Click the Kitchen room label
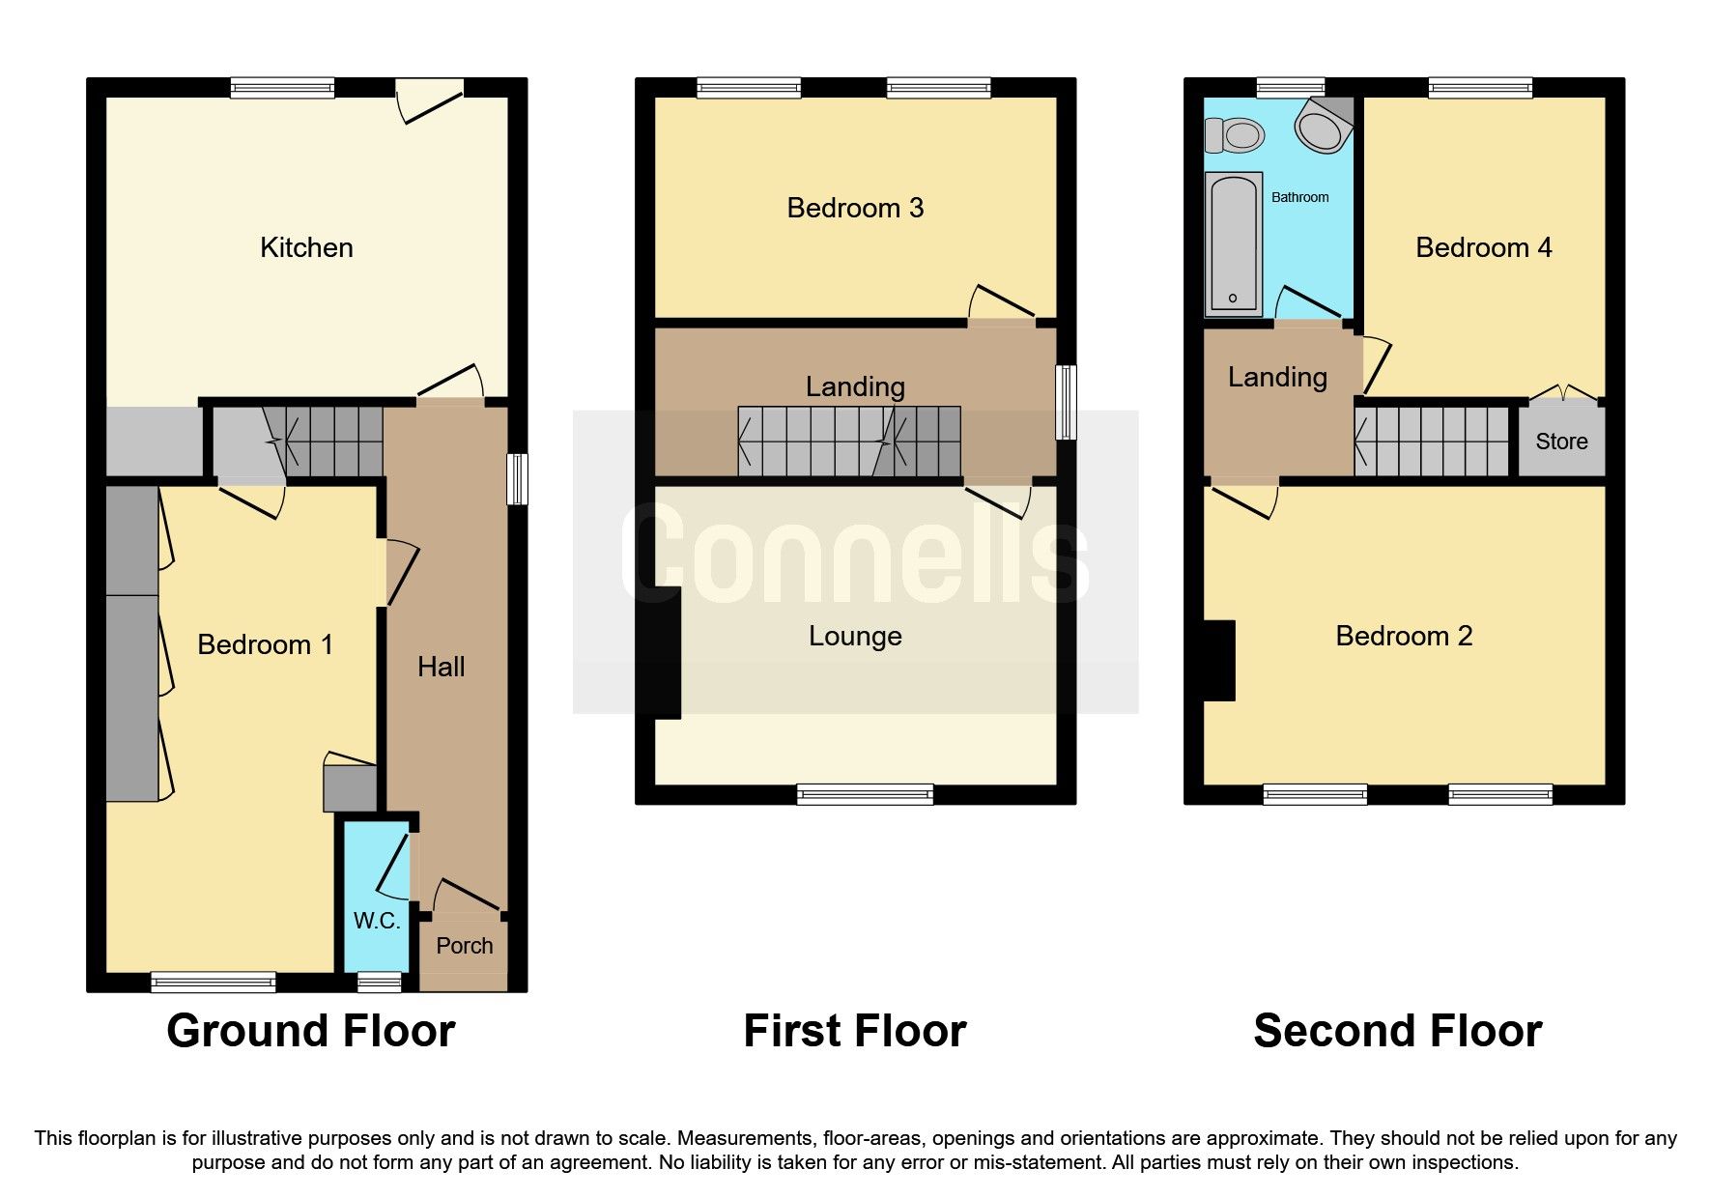(306, 248)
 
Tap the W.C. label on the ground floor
(377, 921)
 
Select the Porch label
(464, 946)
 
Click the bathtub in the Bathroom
(1234, 244)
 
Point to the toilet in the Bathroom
(1235, 134)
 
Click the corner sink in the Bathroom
(1324, 126)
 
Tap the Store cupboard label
(1561, 442)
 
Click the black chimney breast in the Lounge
(665, 652)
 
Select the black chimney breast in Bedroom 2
(1220, 660)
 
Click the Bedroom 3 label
(855, 209)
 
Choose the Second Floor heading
(1397, 1031)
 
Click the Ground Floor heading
(310, 1031)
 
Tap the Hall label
(442, 667)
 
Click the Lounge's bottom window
(865, 795)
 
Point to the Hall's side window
(518, 479)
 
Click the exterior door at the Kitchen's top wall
(430, 100)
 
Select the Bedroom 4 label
(1483, 248)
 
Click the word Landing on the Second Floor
(1277, 378)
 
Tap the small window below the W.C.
(379, 983)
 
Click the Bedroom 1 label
(265, 645)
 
